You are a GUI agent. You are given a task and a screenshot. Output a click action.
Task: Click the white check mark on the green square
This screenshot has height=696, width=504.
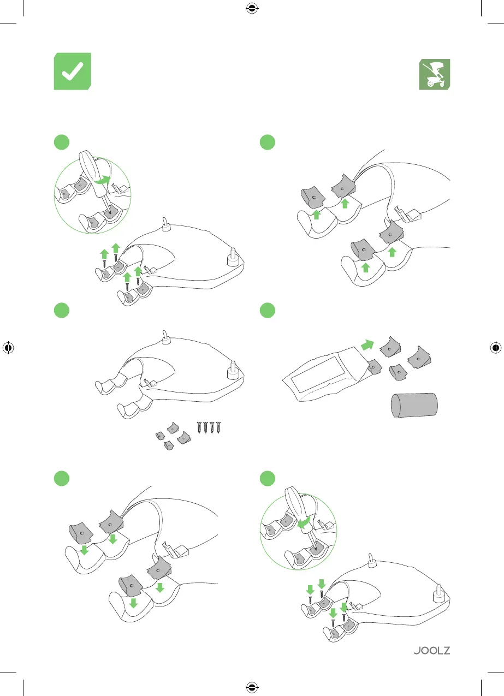[x=72, y=72]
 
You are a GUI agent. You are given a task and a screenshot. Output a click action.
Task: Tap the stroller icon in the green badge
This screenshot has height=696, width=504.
[x=434, y=74]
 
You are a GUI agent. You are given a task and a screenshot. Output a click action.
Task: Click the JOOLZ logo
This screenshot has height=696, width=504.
[x=431, y=651]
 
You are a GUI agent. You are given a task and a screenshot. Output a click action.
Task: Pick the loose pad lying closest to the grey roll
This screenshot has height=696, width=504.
[x=399, y=373]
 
